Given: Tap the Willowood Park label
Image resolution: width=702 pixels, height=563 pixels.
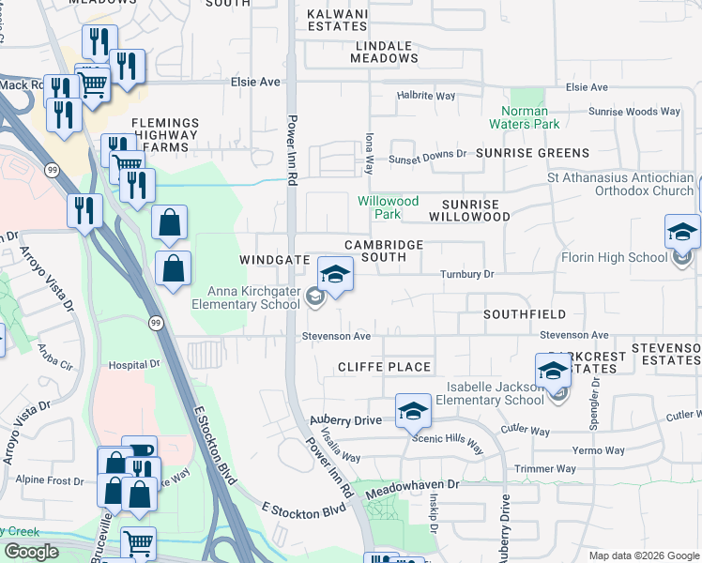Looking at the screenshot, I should pos(388,207).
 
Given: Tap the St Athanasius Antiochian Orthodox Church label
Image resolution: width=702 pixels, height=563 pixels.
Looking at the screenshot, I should pos(621,184).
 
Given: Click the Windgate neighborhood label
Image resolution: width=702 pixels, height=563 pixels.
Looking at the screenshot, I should pos(274,257).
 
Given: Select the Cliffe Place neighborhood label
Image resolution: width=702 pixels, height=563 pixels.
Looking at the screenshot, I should pos(385,367).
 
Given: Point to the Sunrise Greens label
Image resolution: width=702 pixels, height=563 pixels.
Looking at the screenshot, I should pos(532,152).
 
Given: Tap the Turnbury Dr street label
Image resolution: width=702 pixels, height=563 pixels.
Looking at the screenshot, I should pos(467,274).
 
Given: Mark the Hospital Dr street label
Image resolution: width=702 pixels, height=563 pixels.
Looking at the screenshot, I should pos(129,364).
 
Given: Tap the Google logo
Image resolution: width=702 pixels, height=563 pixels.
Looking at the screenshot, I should pos(31,552).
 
